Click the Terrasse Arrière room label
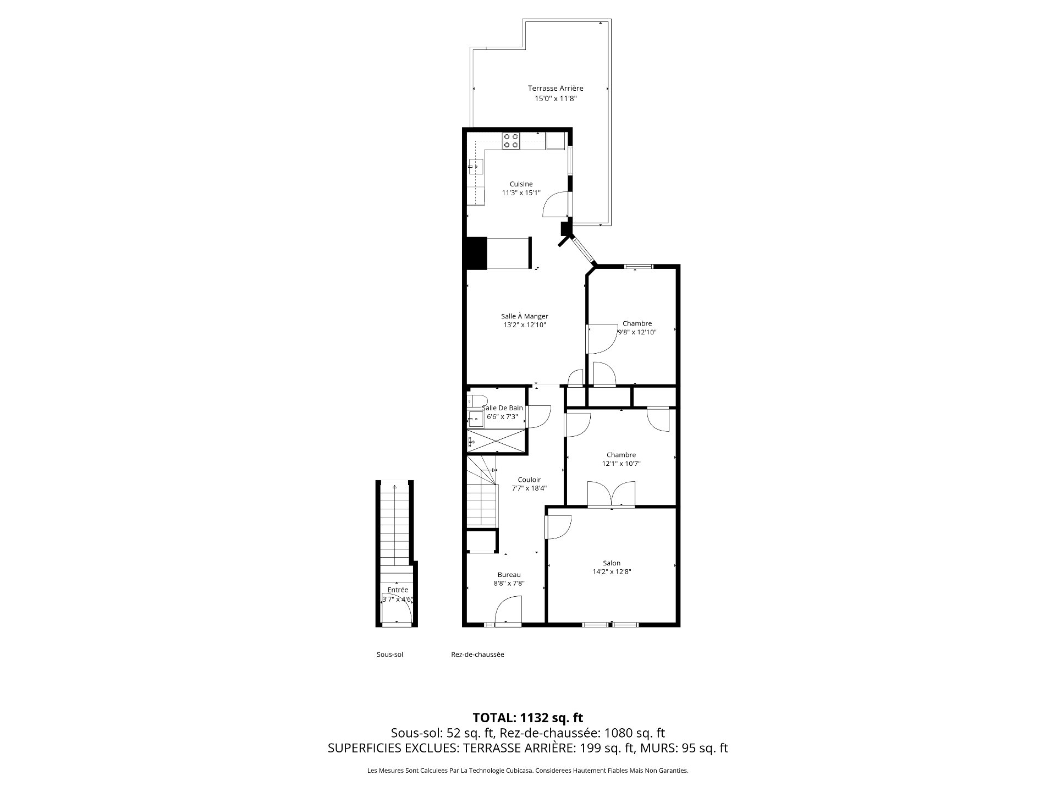pos(555,88)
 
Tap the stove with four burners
pos(126,141)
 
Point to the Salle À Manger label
pos(524,316)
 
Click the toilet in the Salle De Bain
pos(476,400)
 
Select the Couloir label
pos(529,480)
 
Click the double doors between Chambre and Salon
pos(611,493)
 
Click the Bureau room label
pos(509,575)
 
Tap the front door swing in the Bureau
pos(509,612)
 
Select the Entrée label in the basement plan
pos(398,590)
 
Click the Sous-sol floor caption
pos(390,654)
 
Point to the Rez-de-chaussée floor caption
pos(477,654)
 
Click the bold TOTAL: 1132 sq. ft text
pos(528,718)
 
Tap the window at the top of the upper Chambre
pos(639,267)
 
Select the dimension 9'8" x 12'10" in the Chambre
pos(637,332)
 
